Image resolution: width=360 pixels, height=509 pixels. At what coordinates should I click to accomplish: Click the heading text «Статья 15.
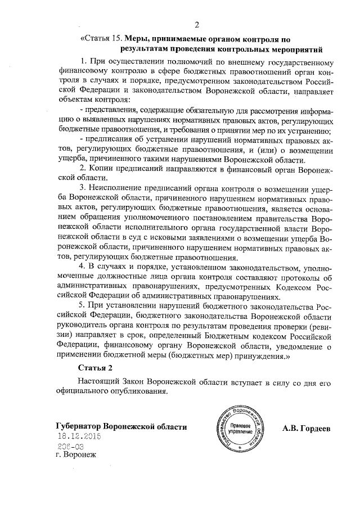coord(101,39)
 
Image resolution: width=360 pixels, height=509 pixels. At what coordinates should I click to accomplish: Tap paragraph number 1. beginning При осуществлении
coord(84,61)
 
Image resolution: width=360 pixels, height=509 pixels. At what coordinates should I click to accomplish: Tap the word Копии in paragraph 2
coord(103,168)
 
